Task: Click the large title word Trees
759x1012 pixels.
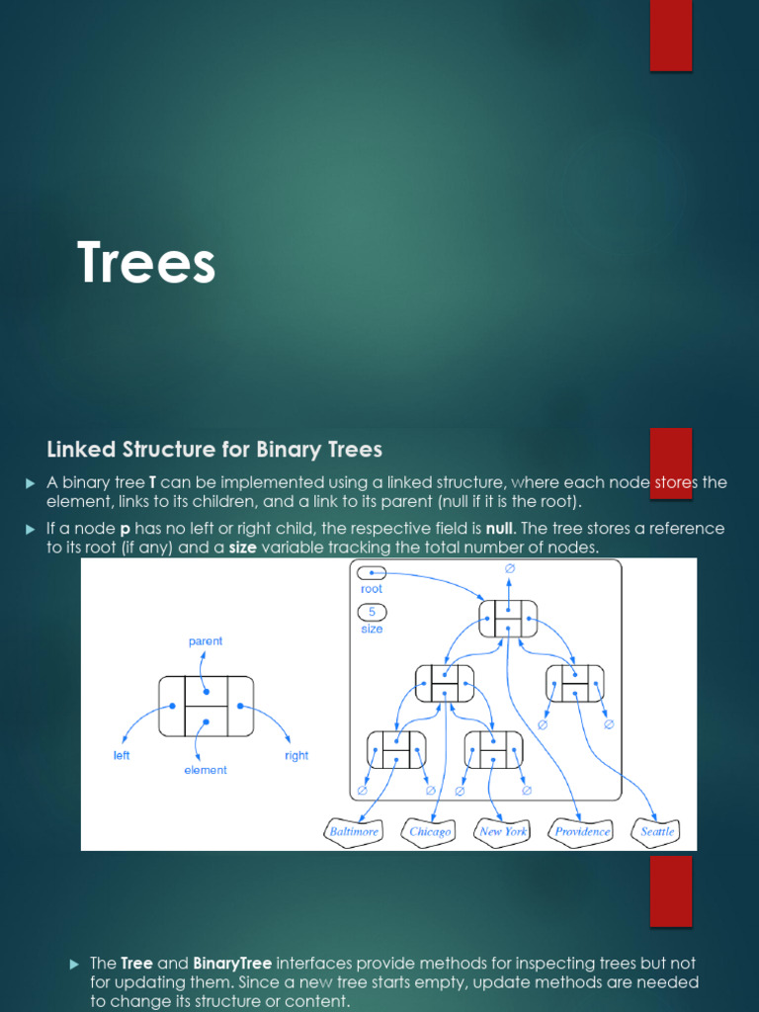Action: point(146,264)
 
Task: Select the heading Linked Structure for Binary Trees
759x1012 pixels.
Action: point(214,450)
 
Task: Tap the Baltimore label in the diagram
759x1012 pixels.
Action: point(354,831)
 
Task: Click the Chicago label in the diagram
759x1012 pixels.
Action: point(430,831)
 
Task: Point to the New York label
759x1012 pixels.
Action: point(503,831)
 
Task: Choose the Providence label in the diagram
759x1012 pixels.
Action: point(582,831)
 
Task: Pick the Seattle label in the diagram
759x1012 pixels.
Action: point(657,831)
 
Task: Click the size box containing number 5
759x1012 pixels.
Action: point(372,612)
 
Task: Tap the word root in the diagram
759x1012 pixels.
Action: point(372,589)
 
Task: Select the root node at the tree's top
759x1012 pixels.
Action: point(508,619)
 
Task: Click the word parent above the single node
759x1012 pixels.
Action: point(206,641)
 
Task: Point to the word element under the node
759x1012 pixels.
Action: point(206,770)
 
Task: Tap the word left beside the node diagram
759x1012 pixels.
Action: point(122,756)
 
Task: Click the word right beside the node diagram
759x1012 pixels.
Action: point(296,756)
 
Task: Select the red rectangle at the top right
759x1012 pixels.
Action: point(670,35)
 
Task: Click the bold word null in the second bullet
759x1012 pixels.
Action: point(500,529)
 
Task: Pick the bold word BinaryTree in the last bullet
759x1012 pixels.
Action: point(232,963)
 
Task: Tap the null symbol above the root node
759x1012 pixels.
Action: point(510,569)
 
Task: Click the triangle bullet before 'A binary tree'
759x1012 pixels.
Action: point(30,482)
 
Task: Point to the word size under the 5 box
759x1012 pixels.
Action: point(372,629)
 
